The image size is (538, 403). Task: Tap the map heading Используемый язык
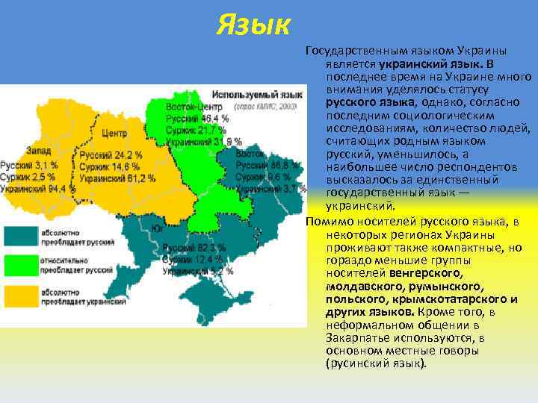257,96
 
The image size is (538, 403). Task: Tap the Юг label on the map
158,228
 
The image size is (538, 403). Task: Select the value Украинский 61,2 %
117,178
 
